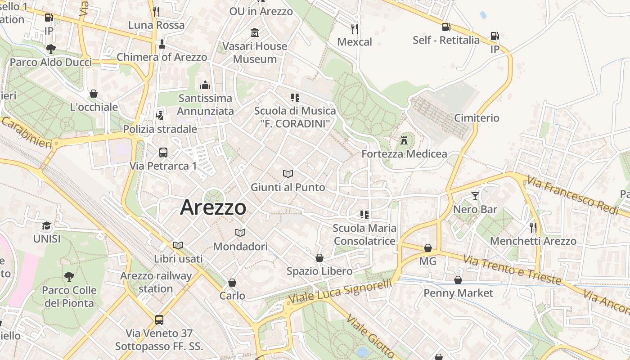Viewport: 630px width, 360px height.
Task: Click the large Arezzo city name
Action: tap(213, 207)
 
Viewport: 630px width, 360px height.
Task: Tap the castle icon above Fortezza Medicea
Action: tap(404, 140)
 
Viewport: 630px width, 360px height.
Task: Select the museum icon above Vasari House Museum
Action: tap(255, 33)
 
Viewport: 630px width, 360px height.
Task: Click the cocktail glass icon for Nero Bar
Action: tap(475, 196)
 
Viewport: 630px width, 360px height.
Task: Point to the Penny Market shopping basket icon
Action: tap(458, 280)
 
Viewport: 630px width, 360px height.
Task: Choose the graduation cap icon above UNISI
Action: tap(46, 225)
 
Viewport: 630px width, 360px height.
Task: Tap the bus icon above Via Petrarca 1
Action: tap(163, 153)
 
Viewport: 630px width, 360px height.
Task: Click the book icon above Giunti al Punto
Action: tap(288, 174)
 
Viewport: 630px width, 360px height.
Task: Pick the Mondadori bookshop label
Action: tap(240, 247)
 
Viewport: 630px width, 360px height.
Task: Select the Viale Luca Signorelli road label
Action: tap(340, 292)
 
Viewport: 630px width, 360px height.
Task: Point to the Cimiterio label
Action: tap(477, 118)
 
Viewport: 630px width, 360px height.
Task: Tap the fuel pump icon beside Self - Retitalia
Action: tap(446, 27)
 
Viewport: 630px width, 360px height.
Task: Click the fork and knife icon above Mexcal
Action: tap(355, 29)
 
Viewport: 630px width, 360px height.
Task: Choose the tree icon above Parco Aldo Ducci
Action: tap(50, 49)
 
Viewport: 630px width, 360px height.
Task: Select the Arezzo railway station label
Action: tap(156, 282)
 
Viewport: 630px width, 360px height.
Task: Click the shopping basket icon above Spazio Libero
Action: tap(319, 258)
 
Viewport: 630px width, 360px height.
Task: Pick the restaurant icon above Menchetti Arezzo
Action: tap(533, 228)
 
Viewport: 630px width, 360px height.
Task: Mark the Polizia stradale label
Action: tap(160, 129)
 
